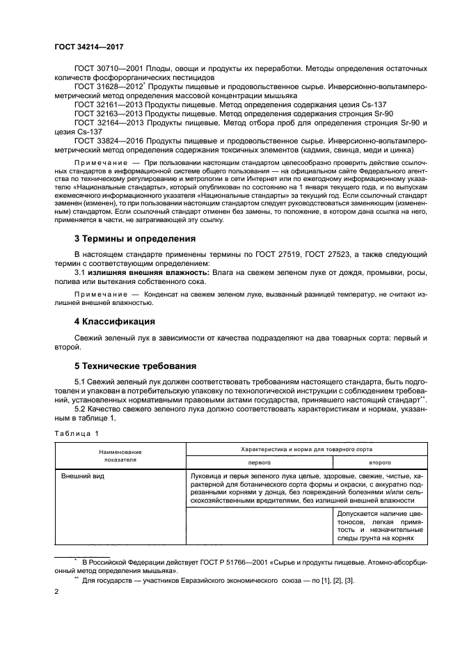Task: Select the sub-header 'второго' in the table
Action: point(379,462)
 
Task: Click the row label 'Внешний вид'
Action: point(81,476)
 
